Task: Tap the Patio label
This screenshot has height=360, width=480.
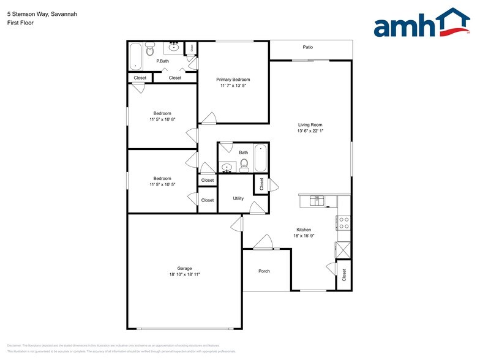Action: point(308,47)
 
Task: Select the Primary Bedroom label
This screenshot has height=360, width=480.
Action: point(233,80)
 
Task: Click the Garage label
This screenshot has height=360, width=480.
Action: point(184,268)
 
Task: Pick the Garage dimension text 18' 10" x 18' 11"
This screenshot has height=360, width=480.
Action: point(184,274)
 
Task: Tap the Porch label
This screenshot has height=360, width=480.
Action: point(264,271)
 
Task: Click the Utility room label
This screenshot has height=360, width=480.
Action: point(238,198)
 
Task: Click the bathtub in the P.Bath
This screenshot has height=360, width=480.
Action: point(135,56)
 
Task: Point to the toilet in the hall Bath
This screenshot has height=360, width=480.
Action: point(244,164)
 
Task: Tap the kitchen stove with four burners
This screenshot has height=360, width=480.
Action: point(343,223)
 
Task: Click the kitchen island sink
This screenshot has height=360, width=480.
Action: point(317,200)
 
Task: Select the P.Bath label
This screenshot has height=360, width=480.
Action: point(162,61)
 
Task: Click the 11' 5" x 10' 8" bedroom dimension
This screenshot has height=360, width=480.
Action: point(162,119)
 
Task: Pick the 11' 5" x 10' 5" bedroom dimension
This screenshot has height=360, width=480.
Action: point(162,184)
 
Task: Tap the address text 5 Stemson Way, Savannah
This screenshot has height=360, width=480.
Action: point(34,13)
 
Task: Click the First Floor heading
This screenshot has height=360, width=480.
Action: point(20,23)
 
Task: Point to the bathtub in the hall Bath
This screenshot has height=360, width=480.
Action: point(261,158)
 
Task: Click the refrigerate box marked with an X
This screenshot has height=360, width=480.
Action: point(343,250)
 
